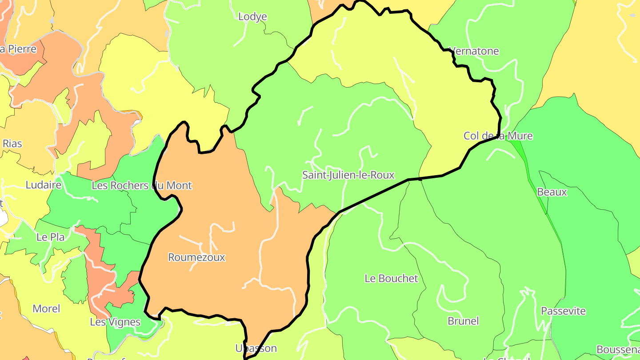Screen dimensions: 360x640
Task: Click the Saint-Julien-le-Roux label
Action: click(x=348, y=175)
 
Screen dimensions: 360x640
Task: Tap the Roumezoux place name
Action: click(x=196, y=257)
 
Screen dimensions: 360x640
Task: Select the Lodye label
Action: click(x=252, y=17)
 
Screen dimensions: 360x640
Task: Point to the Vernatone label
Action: click(x=474, y=51)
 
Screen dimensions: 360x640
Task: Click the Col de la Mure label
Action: click(x=498, y=136)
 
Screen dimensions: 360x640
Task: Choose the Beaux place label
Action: click(x=552, y=192)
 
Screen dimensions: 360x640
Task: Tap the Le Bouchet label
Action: click(x=391, y=279)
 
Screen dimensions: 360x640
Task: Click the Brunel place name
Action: click(x=463, y=321)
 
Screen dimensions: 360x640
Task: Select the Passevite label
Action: click(x=563, y=311)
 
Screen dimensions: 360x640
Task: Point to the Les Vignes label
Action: click(x=115, y=322)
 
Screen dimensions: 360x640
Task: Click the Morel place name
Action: click(x=46, y=308)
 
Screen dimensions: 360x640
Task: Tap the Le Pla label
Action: click(x=50, y=237)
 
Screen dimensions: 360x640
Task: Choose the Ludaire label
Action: click(x=43, y=185)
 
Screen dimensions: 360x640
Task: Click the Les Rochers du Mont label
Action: click(x=141, y=185)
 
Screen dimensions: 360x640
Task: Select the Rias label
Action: click(x=12, y=144)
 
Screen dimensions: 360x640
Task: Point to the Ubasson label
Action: click(x=256, y=348)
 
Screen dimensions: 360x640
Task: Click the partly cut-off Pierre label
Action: click(x=18, y=49)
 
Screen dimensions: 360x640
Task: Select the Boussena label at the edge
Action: click(x=618, y=349)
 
